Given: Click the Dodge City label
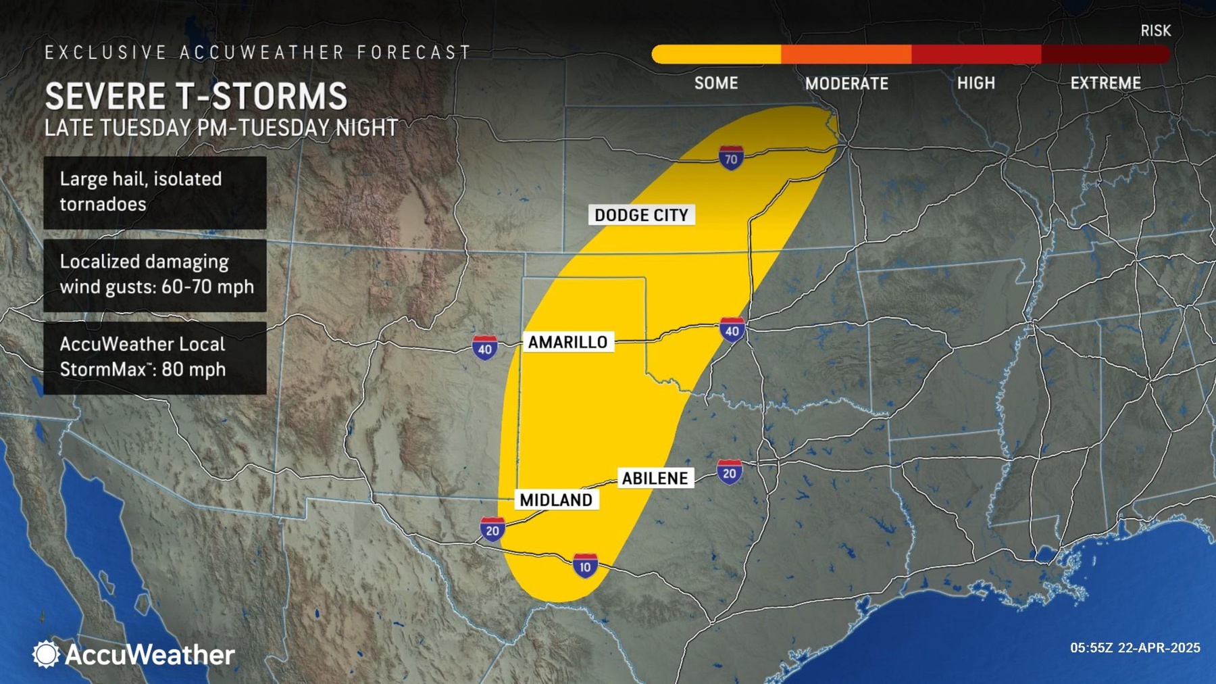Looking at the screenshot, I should click(x=641, y=215).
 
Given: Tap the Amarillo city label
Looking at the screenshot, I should click(x=567, y=342).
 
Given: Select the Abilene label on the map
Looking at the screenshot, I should click(x=655, y=478).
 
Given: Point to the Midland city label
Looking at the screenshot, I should click(x=555, y=499).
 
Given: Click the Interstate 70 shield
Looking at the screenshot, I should click(x=730, y=159).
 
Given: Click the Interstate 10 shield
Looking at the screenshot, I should click(x=585, y=566).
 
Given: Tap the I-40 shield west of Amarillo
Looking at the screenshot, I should click(x=484, y=348).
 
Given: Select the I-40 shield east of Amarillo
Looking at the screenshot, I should click(x=732, y=330).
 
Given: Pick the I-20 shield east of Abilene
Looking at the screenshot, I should click(x=729, y=472).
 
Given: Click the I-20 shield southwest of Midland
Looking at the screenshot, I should click(x=492, y=529).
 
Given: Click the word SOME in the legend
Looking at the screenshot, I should click(x=716, y=83).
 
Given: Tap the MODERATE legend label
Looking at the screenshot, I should click(x=846, y=83).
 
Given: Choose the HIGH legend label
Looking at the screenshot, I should click(x=976, y=83).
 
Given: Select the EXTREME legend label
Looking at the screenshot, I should click(x=1105, y=83).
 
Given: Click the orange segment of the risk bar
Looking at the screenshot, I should click(x=846, y=54).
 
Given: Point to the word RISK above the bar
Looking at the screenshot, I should click(x=1155, y=30).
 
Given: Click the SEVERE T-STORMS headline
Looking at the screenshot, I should click(x=196, y=96).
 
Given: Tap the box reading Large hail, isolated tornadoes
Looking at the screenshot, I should click(x=155, y=192).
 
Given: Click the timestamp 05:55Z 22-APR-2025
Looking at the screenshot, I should click(x=1135, y=648).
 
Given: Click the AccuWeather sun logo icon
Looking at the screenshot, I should click(x=46, y=654).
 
